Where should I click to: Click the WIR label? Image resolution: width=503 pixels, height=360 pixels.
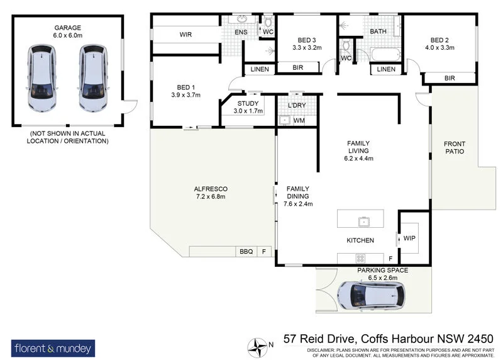pos(185,34)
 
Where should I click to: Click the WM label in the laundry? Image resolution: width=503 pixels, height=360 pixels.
pos(299,120)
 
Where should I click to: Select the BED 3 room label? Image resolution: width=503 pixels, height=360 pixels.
pos(307,42)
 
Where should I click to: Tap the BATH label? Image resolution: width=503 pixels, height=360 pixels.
pos(378,31)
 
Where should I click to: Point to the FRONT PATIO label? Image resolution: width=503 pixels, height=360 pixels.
pos(454,147)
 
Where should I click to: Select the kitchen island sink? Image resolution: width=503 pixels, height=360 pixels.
pos(363,221)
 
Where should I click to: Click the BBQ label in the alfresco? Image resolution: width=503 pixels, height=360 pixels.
pos(245,252)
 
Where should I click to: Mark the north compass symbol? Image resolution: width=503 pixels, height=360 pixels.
pos(257,345)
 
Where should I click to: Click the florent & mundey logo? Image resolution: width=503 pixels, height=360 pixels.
pos(53,347)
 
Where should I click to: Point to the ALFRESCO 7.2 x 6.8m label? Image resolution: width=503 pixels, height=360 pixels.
pos(211,193)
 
